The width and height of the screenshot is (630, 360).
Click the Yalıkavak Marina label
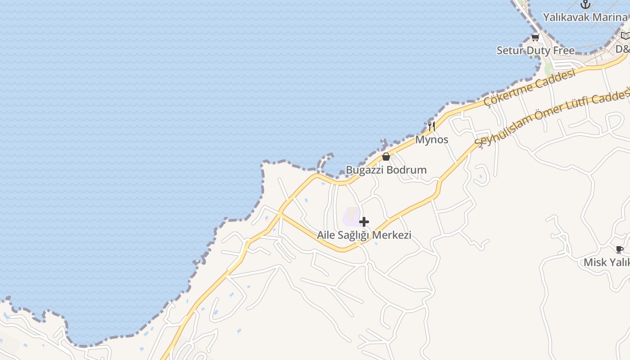click(x=585, y=18)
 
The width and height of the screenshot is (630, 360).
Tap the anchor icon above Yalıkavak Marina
click(x=585, y=4)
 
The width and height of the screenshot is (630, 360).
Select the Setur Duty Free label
click(x=535, y=50)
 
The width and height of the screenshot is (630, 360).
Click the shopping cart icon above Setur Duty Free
click(x=535, y=37)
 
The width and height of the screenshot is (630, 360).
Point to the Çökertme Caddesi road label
click(x=530, y=88)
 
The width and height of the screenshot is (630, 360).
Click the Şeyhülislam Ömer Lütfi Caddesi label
click(x=553, y=118)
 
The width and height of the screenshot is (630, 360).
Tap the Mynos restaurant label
click(x=432, y=139)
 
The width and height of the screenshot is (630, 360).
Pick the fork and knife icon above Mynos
click(x=432, y=126)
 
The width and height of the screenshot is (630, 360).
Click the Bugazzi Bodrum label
click(x=386, y=170)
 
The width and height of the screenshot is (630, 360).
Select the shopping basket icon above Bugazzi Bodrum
click(x=386, y=157)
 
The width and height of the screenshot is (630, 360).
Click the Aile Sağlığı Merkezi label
click(x=364, y=235)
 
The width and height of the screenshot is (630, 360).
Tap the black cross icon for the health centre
click(x=364, y=222)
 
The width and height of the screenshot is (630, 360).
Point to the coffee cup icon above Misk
click(x=620, y=249)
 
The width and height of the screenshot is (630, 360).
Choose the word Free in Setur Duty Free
click(x=564, y=50)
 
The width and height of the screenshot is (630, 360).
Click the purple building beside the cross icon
click(x=351, y=216)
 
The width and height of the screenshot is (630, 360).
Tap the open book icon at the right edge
click(x=625, y=36)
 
